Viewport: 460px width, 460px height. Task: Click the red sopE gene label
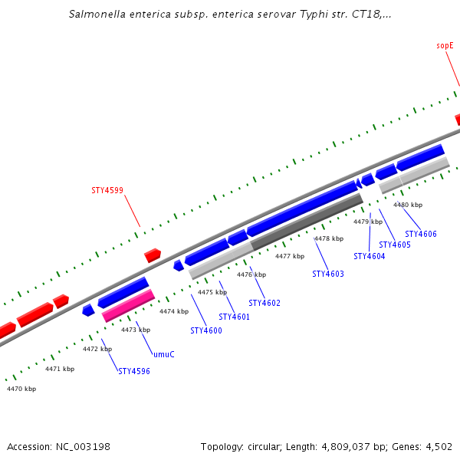pos(445,45)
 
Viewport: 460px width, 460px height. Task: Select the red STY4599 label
pos(107,190)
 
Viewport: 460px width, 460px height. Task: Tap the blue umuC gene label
pos(164,354)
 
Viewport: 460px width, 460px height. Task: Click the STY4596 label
pos(134,371)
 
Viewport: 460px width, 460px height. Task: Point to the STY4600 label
pos(206,330)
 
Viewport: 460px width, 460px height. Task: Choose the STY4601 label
pos(235,317)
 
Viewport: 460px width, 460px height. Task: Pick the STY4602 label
pos(264,303)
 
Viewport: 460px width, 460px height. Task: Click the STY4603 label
pos(328,274)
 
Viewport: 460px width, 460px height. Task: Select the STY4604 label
pos(370,256)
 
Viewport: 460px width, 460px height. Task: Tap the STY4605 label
pos(395,245)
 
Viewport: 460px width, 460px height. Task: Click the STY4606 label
pos(421,234)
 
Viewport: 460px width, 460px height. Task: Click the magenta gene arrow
pos(129,305)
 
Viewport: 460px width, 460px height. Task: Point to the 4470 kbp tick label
pos(21,389)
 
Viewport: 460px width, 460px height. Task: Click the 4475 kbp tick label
pos(212,292)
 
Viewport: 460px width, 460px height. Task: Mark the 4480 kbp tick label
pos(408,205)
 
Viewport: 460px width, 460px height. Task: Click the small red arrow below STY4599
pos(153,255)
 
